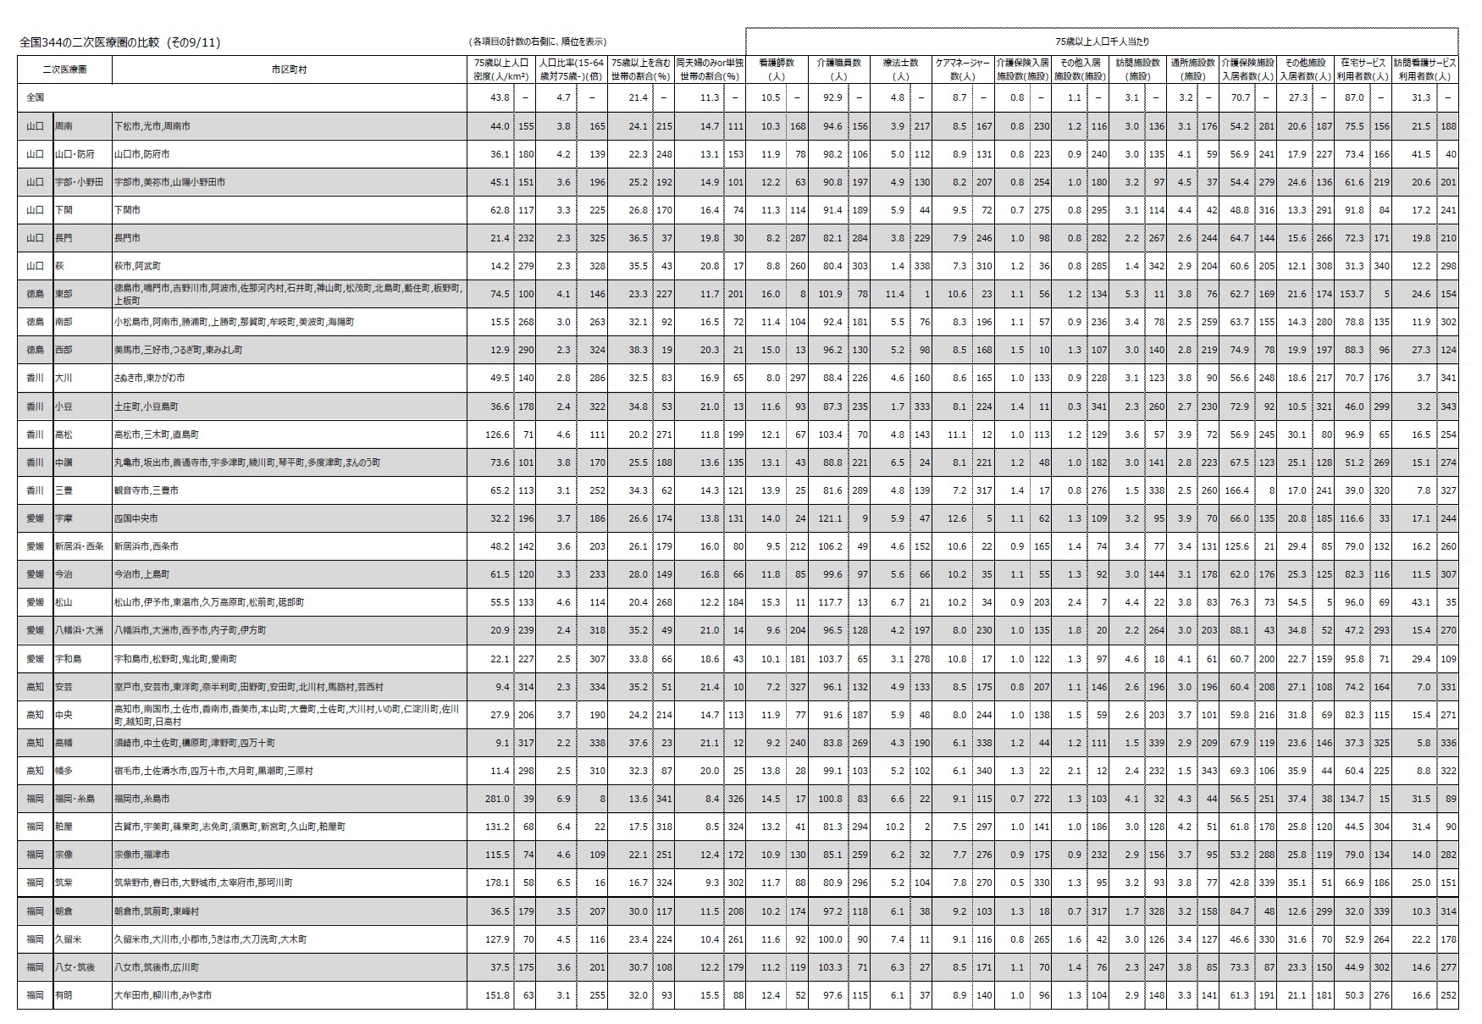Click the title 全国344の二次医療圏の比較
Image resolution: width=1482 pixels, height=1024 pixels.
[x=119, y=42]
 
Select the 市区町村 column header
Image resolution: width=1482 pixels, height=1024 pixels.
[x=289, y=69]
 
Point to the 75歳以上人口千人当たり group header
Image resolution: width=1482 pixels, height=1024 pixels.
[x=1101, y=41]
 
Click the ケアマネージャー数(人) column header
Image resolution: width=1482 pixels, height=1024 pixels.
[x=961, y=69]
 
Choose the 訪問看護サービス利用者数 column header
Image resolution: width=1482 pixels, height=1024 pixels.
[x=1424, y=69]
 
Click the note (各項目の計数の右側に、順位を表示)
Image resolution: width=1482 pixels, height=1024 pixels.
[x=539, y=42]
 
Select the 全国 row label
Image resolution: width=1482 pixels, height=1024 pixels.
[x=36, y=97]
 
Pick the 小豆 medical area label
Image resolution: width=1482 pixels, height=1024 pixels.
[x=64, y=407]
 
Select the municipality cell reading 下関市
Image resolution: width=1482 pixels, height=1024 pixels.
[x=127, y=209]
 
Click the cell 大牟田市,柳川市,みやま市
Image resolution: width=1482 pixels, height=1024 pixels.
[x=163, y=995]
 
